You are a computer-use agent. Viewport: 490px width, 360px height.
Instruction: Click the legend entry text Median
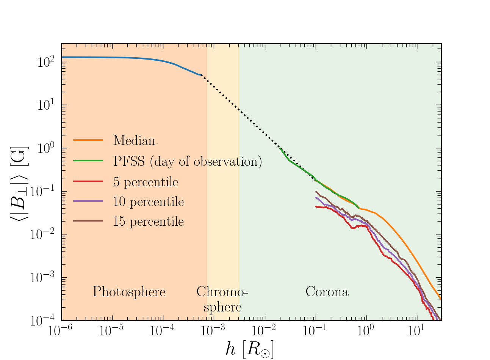(134, 141)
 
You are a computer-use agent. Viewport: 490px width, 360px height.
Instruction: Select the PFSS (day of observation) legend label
(188, 161)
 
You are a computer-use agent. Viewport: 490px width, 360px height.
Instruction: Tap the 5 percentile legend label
(146, 182)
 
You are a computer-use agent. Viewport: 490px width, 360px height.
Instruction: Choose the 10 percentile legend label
(148, 202)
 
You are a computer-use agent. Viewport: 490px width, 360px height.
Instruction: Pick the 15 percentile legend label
(148, 222)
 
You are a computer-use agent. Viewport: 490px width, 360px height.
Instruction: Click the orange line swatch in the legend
(88, 140)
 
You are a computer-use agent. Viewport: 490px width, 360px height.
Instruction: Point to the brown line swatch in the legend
(88, 221)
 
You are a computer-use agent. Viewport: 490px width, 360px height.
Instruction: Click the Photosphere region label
(129, 292)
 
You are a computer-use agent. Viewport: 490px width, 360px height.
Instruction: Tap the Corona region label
(327, 292)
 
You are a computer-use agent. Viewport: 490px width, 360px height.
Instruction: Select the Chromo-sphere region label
(222, 299)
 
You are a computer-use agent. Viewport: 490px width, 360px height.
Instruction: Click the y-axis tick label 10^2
(47, 62)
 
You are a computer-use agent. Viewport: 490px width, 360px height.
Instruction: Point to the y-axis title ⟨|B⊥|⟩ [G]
(19, 182)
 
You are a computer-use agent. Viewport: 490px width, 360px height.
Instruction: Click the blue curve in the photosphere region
(114, 57)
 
